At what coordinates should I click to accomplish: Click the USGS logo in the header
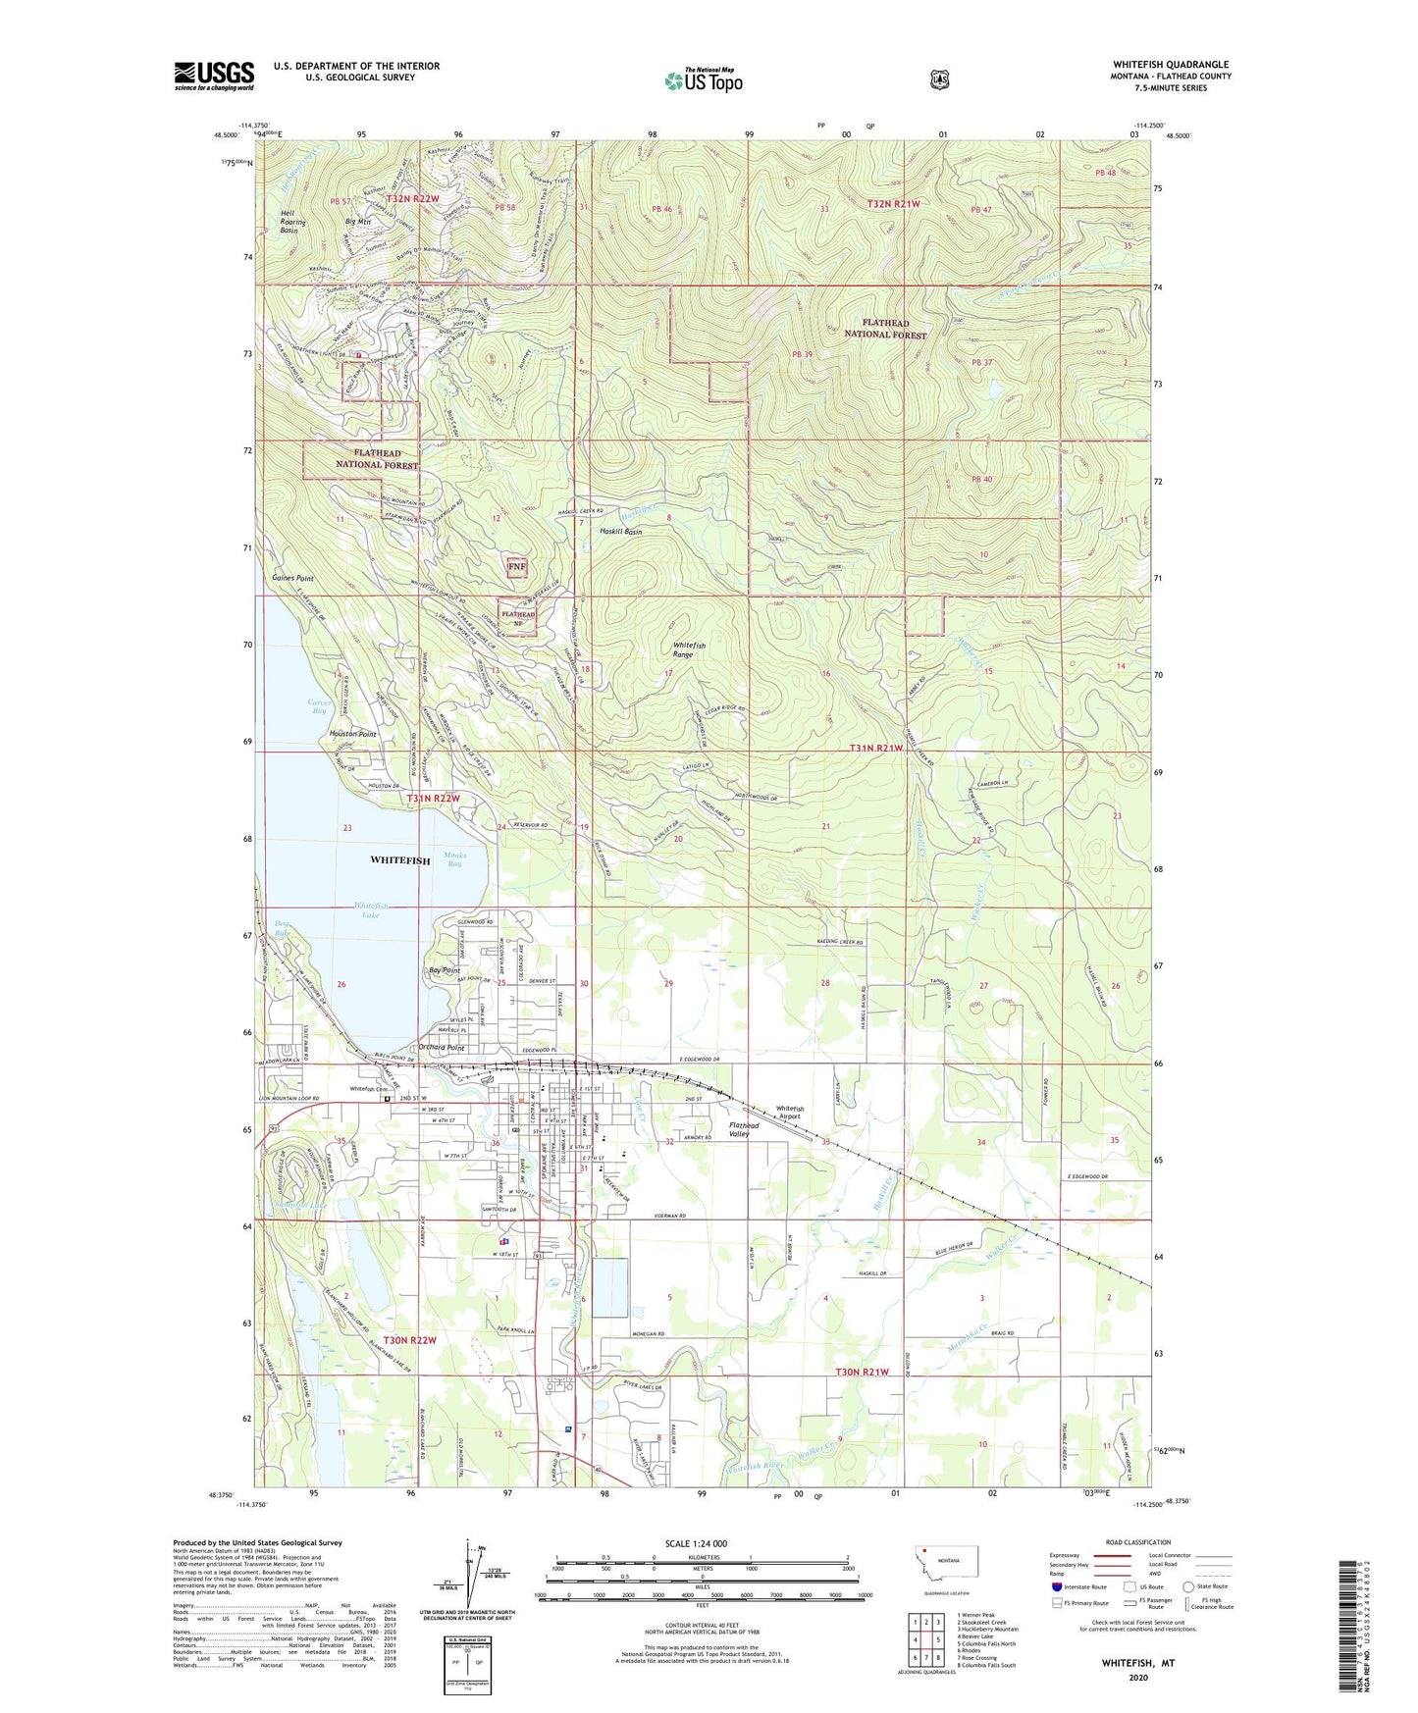coord(214,76)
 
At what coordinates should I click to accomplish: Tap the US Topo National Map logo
coord(703,79)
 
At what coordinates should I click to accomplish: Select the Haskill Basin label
coord(621,531)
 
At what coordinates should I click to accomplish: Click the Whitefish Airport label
coord(790,1113)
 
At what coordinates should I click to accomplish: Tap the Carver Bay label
coord(318,706)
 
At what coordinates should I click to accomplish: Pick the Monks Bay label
coord(453,858)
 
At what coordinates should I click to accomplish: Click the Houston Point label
coord(352,734)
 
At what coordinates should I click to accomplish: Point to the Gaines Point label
coord(292,579)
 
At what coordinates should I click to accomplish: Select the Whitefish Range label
coord(689,649)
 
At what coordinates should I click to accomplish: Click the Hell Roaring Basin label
coord(292,222)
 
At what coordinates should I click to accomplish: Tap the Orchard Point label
coord(441,1047)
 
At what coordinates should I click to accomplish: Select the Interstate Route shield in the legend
coord(1057,1586)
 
